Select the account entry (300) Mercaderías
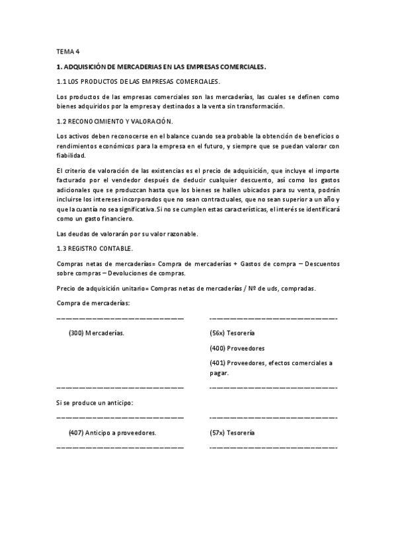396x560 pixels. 96,333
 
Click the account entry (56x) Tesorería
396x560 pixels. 232,333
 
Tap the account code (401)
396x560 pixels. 218,363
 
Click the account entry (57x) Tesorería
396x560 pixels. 232,433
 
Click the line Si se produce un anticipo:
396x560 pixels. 95,402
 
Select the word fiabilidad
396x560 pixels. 71,155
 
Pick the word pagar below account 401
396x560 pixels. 219,372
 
